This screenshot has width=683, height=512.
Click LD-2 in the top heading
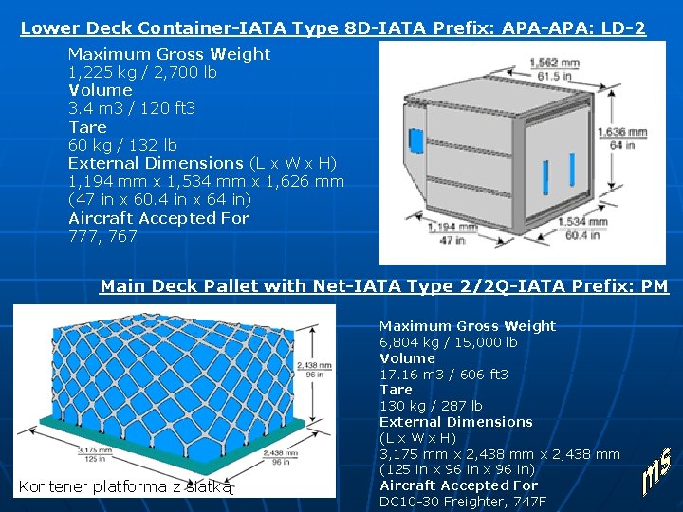(624, 28)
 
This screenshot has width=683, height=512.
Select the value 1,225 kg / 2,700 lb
(142, 73)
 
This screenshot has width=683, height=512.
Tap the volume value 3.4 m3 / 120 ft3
(132, 109)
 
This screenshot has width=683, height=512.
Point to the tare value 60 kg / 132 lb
(122, 145)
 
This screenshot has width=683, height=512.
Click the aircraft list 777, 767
(102, 236)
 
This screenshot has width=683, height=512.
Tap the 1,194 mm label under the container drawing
(448, 227)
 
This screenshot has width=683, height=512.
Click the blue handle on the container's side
(415, 139)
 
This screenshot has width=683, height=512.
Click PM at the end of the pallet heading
(655, 286)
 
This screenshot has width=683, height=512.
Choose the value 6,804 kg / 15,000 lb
(449, 342)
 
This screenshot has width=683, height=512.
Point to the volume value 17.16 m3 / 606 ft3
(444, 375)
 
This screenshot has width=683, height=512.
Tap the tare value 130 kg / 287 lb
(431, 406)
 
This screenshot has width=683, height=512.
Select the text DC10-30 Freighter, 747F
(463, 501)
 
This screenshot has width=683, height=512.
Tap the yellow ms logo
(657, 473)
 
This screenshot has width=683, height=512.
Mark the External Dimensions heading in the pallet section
(456, 422)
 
